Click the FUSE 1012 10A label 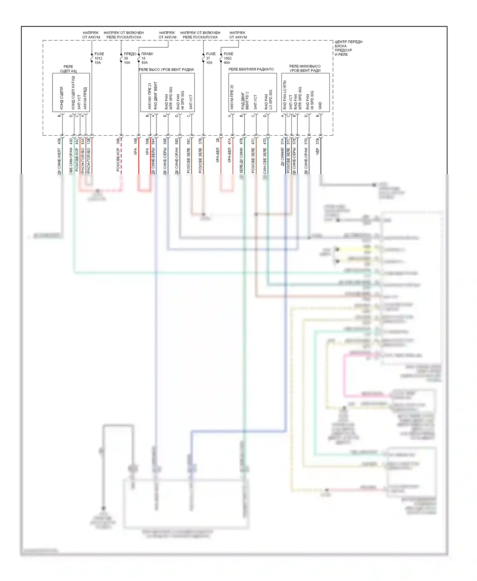pyautogui.click(x=99, y=58)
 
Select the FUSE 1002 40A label pyautogui.click(x=228, y=58)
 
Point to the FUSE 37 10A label pyautogui.click(x=210, y=58)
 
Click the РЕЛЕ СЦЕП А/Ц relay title pyautogui.click(x=68, y=69)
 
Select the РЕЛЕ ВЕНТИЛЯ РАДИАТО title pyautogui.click(x=251, y=69)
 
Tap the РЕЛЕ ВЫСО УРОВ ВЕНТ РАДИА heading pyautogui.click(x=166, y=70)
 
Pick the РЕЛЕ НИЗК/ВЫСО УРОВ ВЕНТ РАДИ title pyautogui.click(x=305, y=68)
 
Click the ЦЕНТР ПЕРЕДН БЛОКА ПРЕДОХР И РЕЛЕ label pyautogui.click(x=348, y=48)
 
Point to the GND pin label pyautogui.click(x=320, y=106)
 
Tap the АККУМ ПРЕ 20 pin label pyautogui.click(x=232, y=97)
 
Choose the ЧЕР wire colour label pyautogui.click(x=317, y=152)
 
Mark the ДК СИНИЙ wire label pyautogui.click(x=282, y=156)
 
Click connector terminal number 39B pyautogui.click(x=118, y=141)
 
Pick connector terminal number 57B pyautogui.click(x=317, y=141)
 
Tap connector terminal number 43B pyautogui.click(x=59, y=141)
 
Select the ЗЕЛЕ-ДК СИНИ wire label pyautogui.click(x=241, y=160)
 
